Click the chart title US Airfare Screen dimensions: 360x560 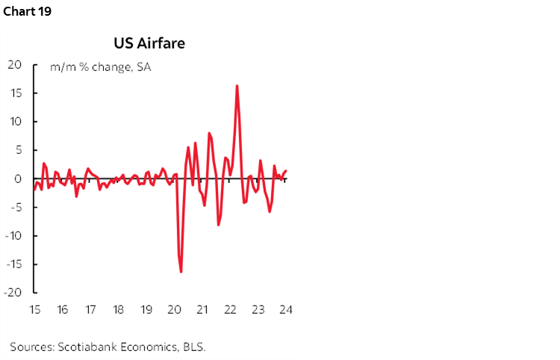pos(149,43)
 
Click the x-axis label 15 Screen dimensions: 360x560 pos(34,310)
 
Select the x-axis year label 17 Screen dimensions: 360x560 pos(90,310)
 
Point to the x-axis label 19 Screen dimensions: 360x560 pos(146,310)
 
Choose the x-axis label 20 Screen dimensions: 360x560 pos(175,310)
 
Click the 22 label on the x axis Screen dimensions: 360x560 pos(231,310)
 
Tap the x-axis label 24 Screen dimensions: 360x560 pos(287,310)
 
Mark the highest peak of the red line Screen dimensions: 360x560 pos(237,85)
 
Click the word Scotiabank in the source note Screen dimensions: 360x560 pos(82,347)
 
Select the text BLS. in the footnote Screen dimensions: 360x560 pos(193,347)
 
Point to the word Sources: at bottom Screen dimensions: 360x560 pos(31,347)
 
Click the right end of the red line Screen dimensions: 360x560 pos(287,171)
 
